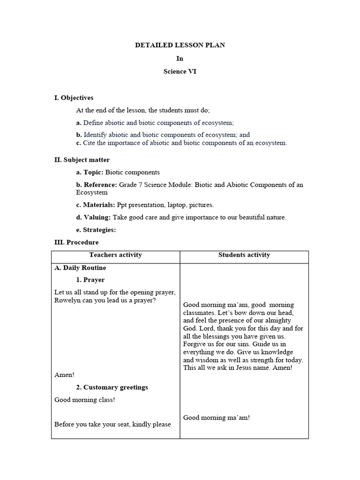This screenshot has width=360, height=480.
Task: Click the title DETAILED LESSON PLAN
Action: (180, 45)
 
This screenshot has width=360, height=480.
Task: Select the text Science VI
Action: (180, 72)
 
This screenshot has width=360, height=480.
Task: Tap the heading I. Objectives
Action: (74, 97)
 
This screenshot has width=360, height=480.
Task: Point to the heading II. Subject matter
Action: (82, 160)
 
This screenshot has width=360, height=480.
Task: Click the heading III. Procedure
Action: (76, 242)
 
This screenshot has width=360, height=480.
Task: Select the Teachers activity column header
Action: (115, 255)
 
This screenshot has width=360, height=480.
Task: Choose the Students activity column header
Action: (244, 255)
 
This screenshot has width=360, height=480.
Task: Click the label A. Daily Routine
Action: (80, 268)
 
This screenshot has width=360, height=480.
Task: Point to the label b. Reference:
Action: (97, 185)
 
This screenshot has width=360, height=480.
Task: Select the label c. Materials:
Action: (96, 205)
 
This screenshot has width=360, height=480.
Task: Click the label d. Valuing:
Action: (94, 217)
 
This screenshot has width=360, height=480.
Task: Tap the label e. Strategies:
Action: (96, 230)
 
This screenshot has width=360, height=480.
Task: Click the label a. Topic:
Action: (90, 172)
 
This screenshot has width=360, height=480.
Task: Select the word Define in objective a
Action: (92, 122)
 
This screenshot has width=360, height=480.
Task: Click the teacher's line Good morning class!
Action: (84, 400)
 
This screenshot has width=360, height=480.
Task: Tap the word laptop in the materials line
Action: (177, 205)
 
